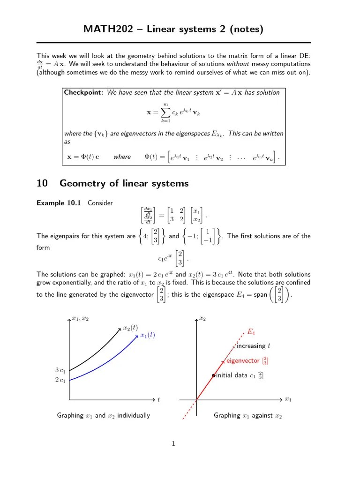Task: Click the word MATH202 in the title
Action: tap(105, 29)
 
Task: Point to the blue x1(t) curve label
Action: tap(147, 335)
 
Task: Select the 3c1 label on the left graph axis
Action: tap(60, 370)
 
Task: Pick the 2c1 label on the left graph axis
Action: tap(60, 380)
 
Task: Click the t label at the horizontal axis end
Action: tap(158, 400)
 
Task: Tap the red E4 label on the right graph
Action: tap(251, 332)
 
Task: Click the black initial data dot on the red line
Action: tap(213, 375)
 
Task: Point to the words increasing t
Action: tap(254, 346)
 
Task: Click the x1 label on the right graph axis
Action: tap(288, 400)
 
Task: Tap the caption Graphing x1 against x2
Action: tap(248, 415)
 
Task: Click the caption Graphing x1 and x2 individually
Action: tap(104, 415)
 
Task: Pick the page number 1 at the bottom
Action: tap(173, 444)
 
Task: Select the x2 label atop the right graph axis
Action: tap(202, 319)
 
